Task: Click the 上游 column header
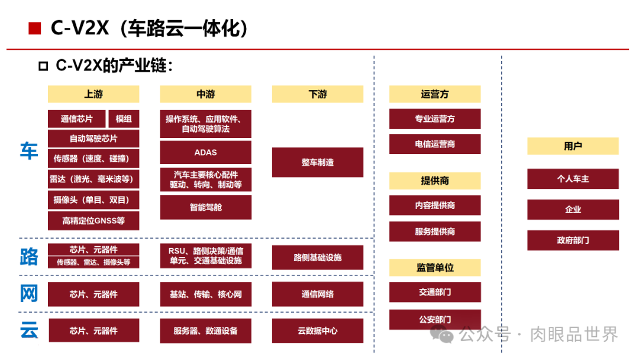[x=93, y=94]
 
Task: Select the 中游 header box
[x=205, y=94]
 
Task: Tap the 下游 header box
[x=318, y=94]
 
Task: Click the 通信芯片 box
[x=77, y=119]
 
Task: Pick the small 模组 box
[x=124, y=119]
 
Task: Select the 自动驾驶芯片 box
[x=93, y=139]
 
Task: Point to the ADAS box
[x=205, y=152]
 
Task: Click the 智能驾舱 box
[x=205, y=207]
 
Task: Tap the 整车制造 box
[x=318, y=162]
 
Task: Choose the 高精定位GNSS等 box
[x=93, y=221]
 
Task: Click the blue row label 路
[x=29, y=256]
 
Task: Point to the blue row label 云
[x=29, y=330]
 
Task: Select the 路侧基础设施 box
[x=318, y=258]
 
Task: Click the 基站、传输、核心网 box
[x=205, y=294]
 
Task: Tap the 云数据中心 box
[x=318, y=330]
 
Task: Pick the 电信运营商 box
[x=435, y=144]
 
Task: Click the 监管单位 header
[x=435, y=268]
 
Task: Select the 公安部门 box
[x=435, y=320]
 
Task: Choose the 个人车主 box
[x=573, y=179]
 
